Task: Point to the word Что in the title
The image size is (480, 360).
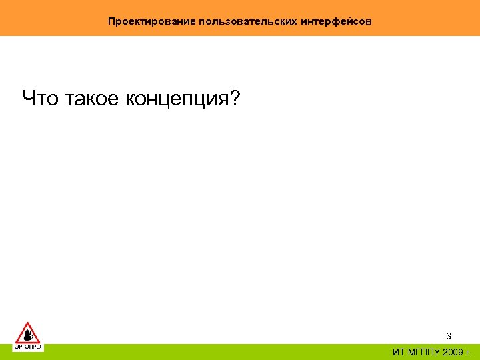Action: pos(41,99)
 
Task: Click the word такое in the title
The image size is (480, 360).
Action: pos(91,99)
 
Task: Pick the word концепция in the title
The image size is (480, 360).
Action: pos(177,100)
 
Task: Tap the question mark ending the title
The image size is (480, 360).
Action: pos(237,99)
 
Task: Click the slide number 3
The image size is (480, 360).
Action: pos(449,336)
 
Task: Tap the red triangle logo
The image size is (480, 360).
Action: pos(27,333)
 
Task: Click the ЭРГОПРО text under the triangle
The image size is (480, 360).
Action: pos(27,347)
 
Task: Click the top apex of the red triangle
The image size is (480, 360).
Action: pos(27,323)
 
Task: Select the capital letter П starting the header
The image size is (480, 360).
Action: pos(111,21)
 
